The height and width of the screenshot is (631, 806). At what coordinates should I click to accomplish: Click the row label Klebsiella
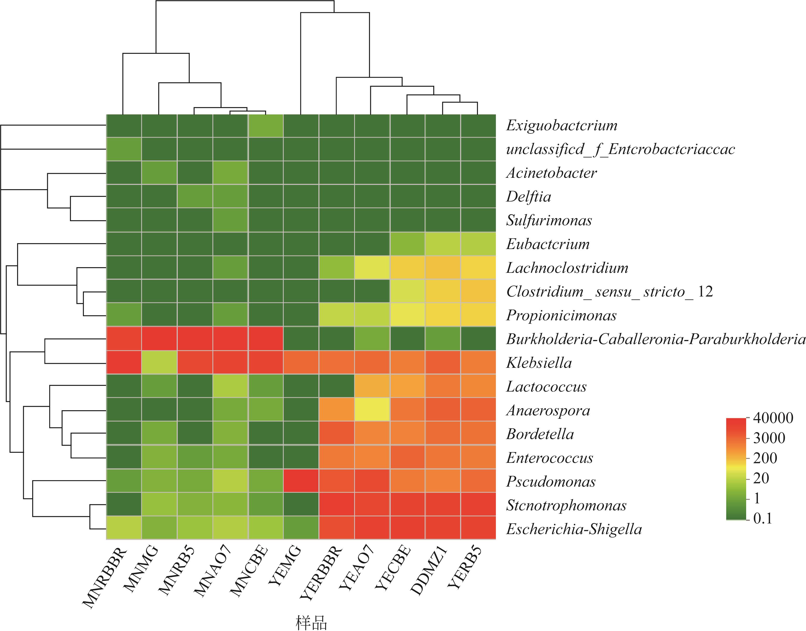tap(539, 363)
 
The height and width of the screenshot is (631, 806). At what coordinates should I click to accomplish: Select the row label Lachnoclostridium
tap(567, 268)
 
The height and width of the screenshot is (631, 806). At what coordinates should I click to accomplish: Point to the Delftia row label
tap(528, 196)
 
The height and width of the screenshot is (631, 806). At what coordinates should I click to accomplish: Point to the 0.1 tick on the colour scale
tap(763, 519)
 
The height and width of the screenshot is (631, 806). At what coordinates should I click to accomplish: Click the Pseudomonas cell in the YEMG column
tap(301, 481)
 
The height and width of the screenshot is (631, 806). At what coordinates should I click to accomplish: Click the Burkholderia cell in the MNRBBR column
tap(124, 338)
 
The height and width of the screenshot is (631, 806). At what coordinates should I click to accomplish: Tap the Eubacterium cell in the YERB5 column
tap(478, 244)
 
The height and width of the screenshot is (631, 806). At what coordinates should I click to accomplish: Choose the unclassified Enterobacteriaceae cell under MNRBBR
tap(124, 149)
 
